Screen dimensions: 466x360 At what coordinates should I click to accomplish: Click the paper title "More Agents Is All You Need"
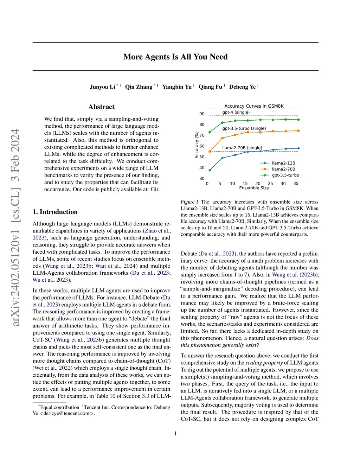tap(175, 57)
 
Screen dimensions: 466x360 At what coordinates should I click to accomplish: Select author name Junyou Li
tap(102, 87)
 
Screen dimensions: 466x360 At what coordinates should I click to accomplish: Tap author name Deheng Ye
tap(242, 87)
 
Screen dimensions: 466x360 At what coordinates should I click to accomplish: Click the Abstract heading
tap(101, 107)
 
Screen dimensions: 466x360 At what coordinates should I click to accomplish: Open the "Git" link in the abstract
tap(154, 189)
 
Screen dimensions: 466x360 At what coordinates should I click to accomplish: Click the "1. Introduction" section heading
tap(55, 212)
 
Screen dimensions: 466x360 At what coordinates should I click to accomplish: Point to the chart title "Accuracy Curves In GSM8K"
tap(254, 106)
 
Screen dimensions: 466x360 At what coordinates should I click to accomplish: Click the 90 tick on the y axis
tap(202, 114)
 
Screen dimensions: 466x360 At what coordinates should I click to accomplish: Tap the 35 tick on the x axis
tap(296, 184)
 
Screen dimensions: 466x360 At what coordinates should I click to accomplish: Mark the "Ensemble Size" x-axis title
tap(254, 188)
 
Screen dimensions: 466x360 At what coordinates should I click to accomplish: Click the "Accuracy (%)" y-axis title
tap(197, 145)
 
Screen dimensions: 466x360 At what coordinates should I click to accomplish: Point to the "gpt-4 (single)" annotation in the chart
tap(236, 112)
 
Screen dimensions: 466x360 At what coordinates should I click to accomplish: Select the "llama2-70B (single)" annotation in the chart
tap(242, 148)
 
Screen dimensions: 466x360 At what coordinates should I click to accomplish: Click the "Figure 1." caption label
tap(190, 202)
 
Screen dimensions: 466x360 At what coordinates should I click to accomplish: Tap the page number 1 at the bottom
tap(175, 434)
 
